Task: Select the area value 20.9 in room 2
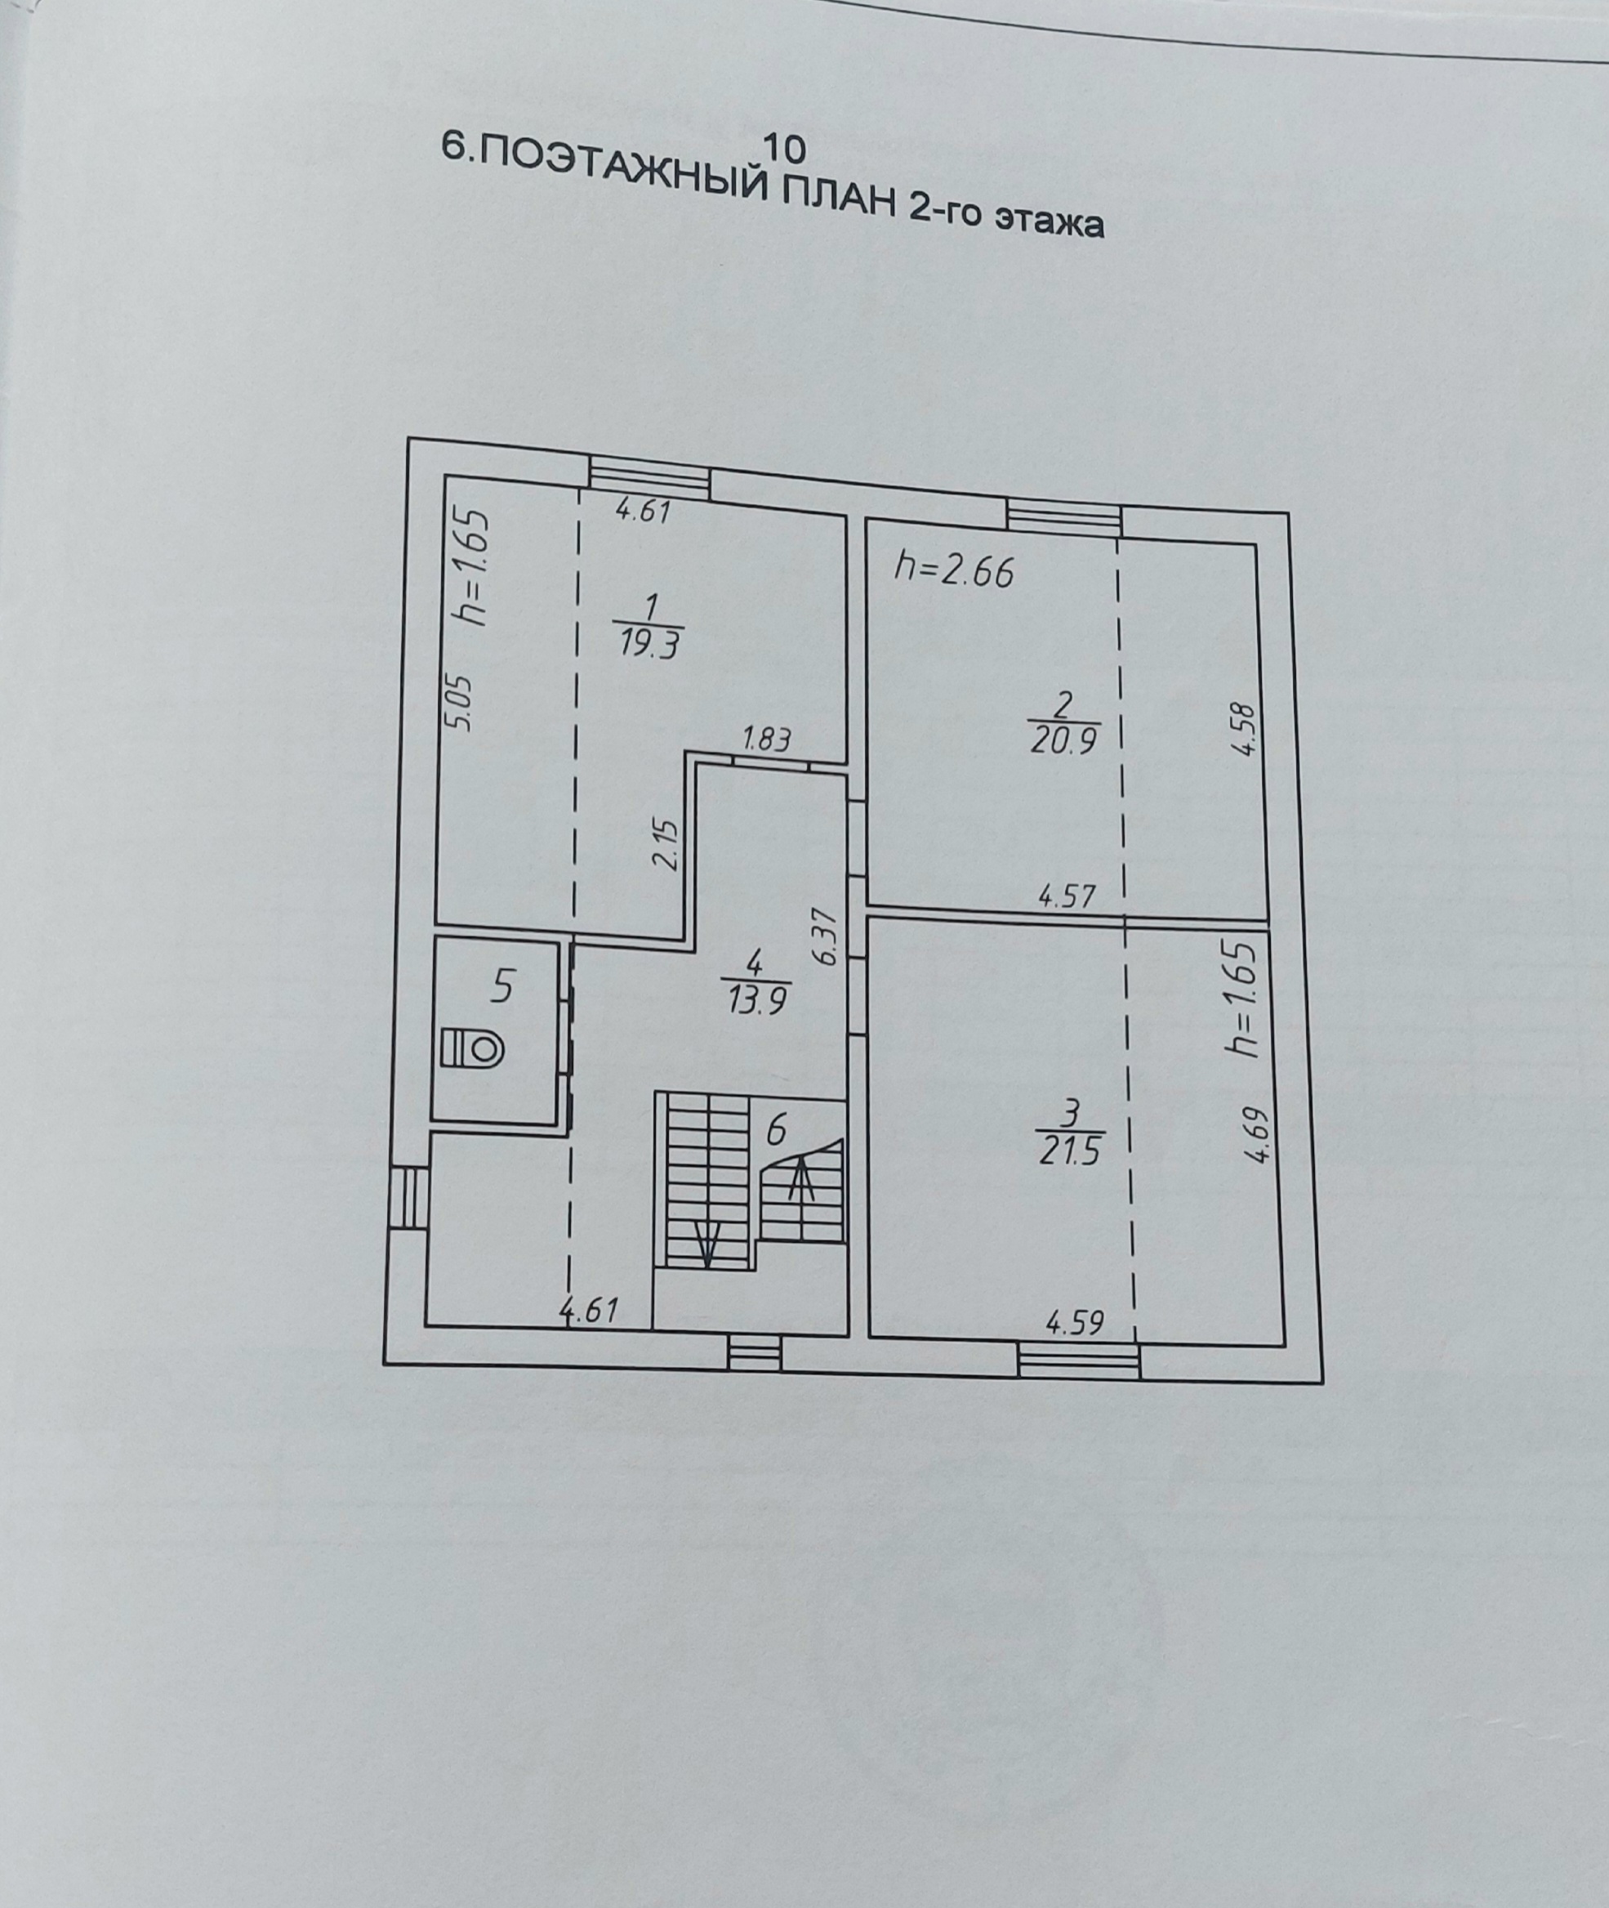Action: (1062, 741)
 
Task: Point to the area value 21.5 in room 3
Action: (1069, 1151)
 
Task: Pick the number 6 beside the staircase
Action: (775, 1131)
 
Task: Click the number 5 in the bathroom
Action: (502, 986)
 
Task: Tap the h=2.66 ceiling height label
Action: (954, 571)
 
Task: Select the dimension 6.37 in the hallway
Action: (826, 936)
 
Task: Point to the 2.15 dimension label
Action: (667, 844)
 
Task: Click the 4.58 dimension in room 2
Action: (1245, 728)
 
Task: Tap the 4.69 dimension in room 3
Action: (1258, 1134)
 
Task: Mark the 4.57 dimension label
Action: (1067, 897)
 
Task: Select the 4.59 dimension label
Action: (1076, 1323)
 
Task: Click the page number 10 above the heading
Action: (787, 147)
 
